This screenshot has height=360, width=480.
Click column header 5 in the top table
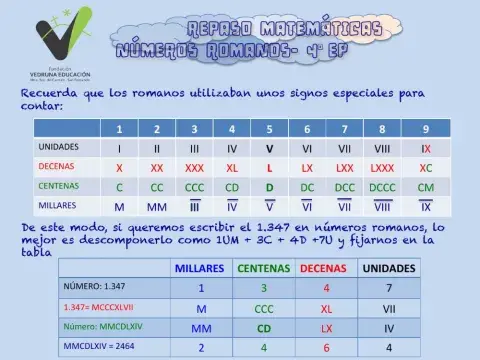tap(269, 129)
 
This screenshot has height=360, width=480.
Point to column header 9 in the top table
tap(425, 129)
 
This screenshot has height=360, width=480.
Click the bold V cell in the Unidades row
tap(269, 147)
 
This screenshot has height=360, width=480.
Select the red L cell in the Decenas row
tap(269, 167)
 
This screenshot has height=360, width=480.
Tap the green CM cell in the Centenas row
tap(425, 187)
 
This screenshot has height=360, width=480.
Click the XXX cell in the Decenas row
tap(194, 167)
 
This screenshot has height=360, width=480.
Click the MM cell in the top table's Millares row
tap(156, 207)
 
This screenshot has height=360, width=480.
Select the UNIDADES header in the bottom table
tap(389, 269)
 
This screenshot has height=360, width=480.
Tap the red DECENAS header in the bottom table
tap(326, 269)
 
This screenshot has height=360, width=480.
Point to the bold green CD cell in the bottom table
tap(264, 327)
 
